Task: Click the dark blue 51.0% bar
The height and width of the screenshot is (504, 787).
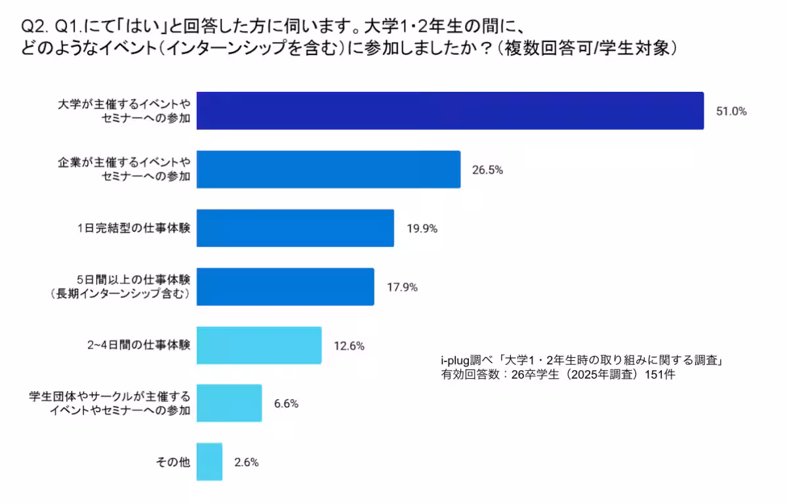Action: tap(450, 111)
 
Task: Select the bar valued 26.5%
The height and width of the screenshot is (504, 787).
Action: tap(328, 169)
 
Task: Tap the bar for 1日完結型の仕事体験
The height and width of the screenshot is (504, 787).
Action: tap(295, 228)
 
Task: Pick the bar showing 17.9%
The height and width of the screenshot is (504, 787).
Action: tap(285, 287)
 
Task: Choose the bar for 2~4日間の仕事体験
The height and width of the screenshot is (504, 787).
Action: tap(259, 345)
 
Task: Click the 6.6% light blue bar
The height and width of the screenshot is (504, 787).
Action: tap(229, 404)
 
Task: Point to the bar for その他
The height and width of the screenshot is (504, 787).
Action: tap(209, 462)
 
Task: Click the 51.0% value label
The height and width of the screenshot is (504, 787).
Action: tap(731, 112)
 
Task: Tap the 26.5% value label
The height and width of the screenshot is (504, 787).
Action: tap(487, 170)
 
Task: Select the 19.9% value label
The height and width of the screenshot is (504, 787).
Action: tap(422, 229)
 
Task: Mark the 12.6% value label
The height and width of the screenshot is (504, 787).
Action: tap(349, 346)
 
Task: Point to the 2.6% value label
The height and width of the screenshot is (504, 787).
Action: tap(247, 463)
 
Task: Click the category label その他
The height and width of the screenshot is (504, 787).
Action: tap(172, 463)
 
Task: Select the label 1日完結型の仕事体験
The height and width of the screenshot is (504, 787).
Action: tap(134, 229)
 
